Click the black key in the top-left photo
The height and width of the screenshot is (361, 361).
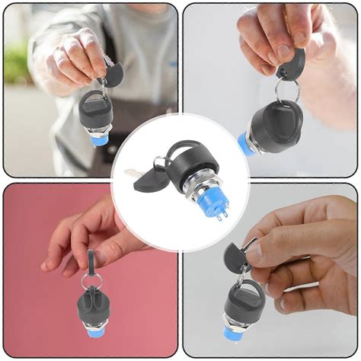click(113, 75)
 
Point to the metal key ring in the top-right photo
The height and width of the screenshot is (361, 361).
click(287, 90)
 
